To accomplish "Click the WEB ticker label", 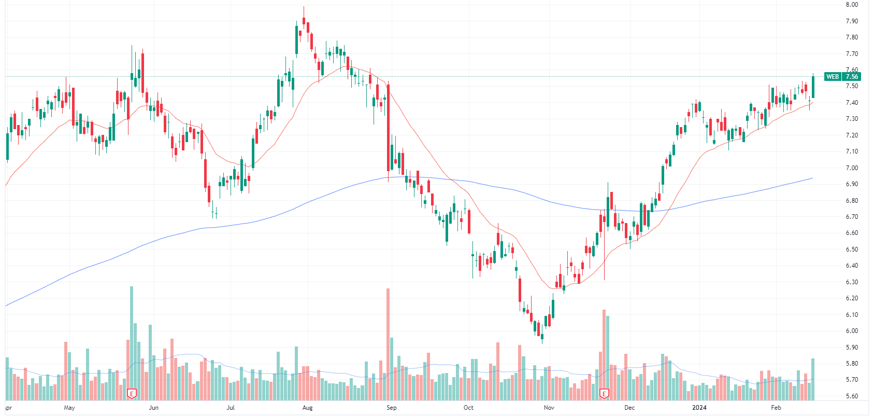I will pos(833,77).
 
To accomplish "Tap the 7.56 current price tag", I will pos(851,77).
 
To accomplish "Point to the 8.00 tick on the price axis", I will pos(851,5).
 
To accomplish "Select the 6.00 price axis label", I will pos(851,331).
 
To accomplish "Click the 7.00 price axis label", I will pos(851,168).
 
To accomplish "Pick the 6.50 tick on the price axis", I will pos(851,249).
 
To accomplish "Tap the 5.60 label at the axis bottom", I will pos(851,396).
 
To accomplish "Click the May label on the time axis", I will pos(69,408).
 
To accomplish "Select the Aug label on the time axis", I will pos(308,408).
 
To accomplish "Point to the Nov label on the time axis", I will pos(549,408).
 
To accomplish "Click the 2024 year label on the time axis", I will pos(699,408).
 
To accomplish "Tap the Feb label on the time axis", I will pos(776,408).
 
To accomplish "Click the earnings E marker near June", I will pos(132,394).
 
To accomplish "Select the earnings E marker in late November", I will pos(604,394).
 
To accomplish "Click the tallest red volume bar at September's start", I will pos(388,342).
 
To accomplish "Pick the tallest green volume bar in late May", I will pos(132,342).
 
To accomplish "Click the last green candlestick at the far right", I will pos(813,87).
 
